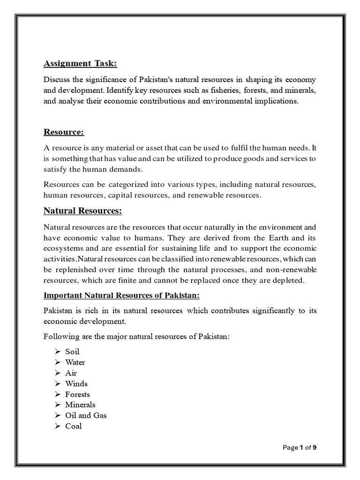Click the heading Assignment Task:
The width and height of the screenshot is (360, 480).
tap(80, 63)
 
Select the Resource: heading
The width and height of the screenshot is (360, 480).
tap(63, 132)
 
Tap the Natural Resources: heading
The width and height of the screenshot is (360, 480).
tap(82, 211)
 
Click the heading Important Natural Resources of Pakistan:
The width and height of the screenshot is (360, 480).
tap(121, 296)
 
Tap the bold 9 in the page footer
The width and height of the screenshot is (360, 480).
tap(315, 448)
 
